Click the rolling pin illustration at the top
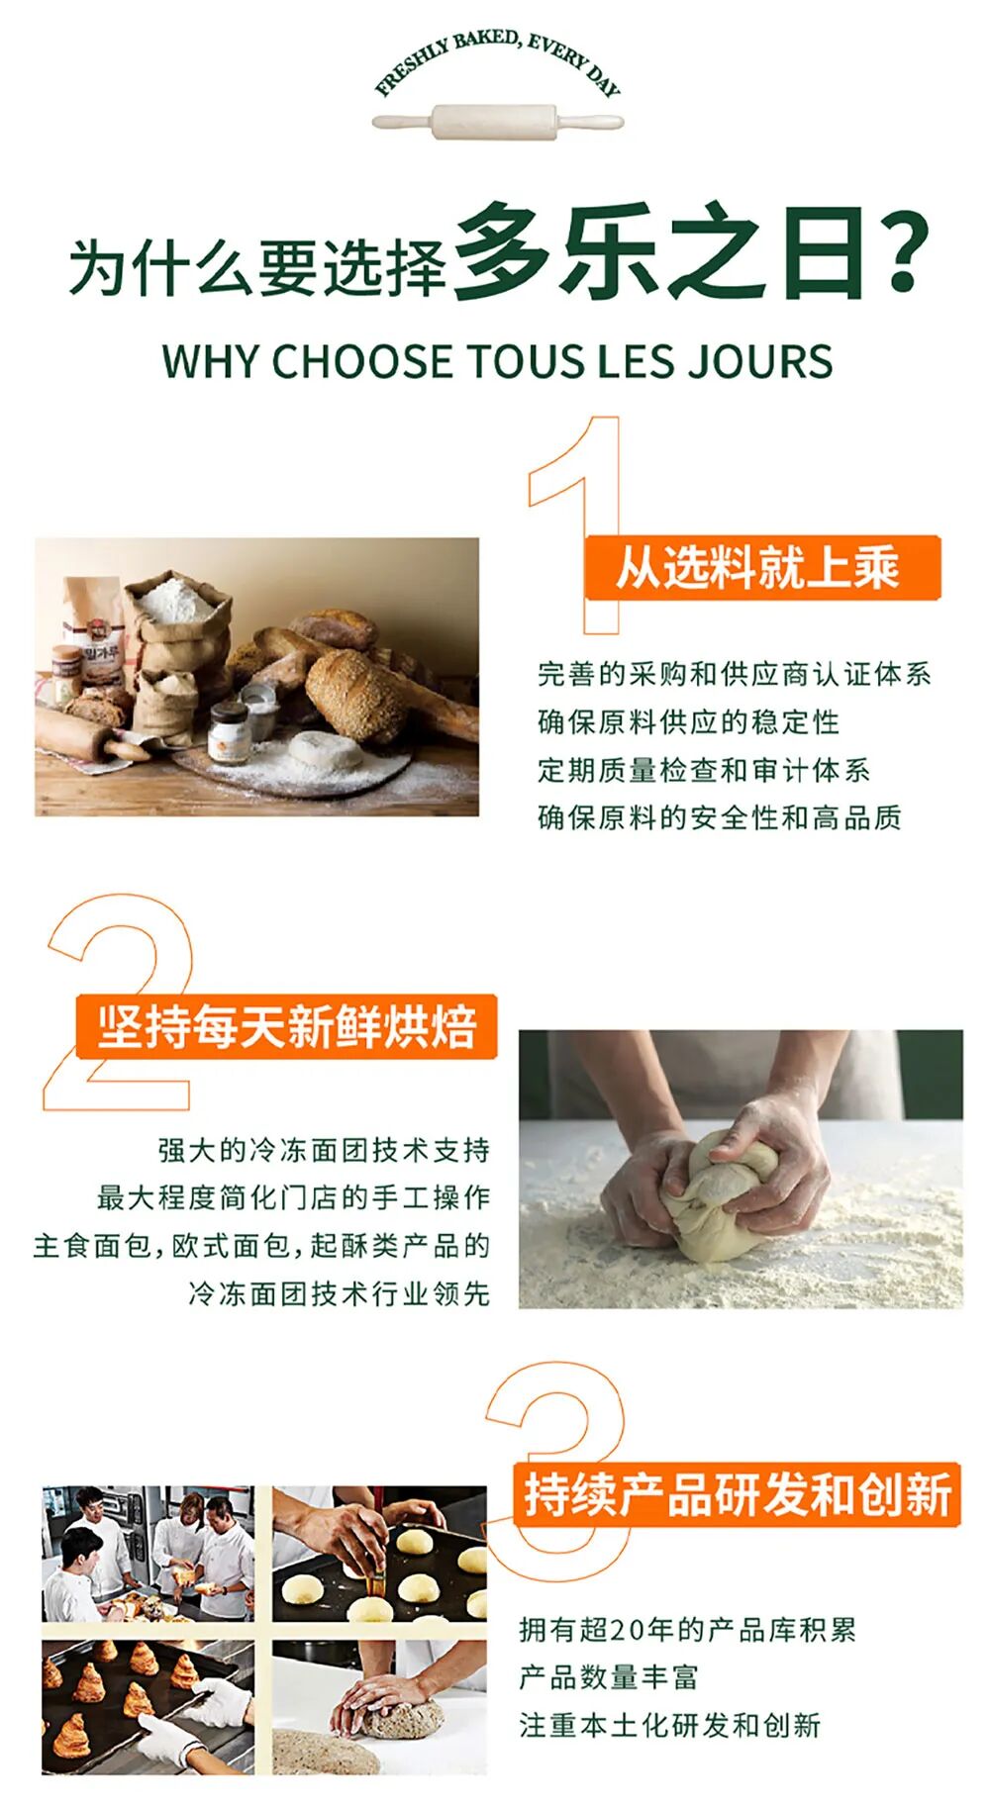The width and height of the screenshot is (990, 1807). click(498, 123)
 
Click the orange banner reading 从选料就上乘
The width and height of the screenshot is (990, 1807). click(761, 568)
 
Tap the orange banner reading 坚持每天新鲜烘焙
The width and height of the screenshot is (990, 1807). click(286, 1026)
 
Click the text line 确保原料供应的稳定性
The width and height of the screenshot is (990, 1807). click(688, 721)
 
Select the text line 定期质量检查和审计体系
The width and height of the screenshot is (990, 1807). click(704, 769)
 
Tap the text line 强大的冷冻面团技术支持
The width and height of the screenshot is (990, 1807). click(324, 1150)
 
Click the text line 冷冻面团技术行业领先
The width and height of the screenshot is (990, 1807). click(340, 1292)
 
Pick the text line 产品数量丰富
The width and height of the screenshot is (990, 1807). click(609, 1676)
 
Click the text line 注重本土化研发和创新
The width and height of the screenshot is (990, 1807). click(670, 1725)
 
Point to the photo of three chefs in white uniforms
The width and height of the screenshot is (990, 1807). click(148, 1553)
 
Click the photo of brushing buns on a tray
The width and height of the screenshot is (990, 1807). click(380, 1553)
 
